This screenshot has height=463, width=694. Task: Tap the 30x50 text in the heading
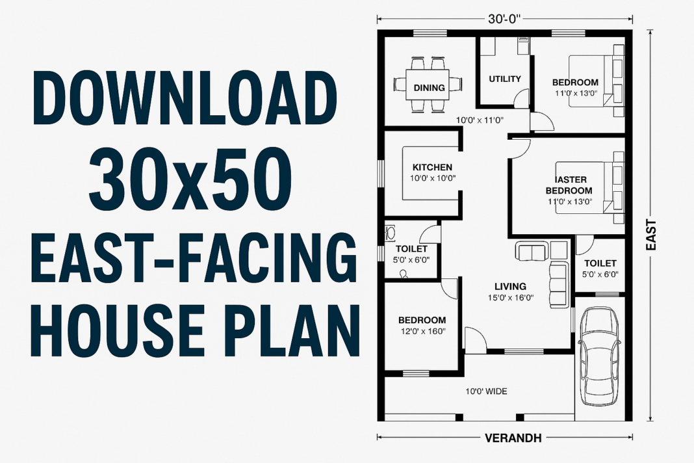(190, 177)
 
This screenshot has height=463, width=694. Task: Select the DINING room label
(429, 88)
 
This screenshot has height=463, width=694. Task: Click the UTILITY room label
(505, 79)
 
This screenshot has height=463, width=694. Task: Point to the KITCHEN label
(432, 167)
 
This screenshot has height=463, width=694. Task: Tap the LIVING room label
(510, 286)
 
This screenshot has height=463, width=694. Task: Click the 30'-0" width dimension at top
(506, 20)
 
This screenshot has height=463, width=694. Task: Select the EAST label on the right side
(651, 235)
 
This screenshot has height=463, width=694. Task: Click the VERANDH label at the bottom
(513, 438)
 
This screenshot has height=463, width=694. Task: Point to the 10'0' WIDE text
(486, 391)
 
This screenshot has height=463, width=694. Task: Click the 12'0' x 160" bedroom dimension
(422, 332)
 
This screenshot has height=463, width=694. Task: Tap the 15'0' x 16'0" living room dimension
(510, 298)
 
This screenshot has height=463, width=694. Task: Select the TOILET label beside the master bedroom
(600, 263)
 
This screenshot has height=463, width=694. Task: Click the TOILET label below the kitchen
(411, 249)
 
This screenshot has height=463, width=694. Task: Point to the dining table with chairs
(428, 84)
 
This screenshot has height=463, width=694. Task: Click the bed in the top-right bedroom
(597, 83)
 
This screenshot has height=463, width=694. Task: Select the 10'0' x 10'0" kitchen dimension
(432, 178)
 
